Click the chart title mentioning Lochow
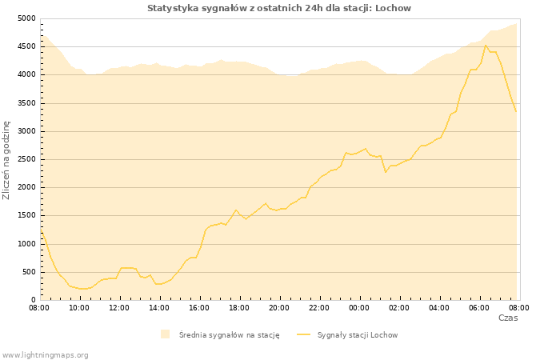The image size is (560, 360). [279, 8]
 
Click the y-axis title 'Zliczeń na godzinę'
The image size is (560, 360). [6, 160]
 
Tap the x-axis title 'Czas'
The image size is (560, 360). [508, 318]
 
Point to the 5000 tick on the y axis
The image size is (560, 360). [26, 18]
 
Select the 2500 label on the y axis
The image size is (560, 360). [26, 159]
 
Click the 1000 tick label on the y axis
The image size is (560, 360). [26, 244]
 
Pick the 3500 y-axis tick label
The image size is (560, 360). [26, 103]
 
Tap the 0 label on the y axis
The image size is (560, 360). [33, 300]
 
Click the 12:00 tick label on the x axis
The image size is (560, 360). [119, 306]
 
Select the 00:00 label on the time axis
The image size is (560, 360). [359, 306]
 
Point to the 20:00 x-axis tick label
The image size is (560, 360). [279, 306]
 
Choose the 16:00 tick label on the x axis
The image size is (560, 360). [199, 306]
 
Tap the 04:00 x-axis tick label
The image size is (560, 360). [439, 306]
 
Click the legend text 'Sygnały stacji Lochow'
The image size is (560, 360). [358, 335]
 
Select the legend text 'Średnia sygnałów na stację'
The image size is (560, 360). [229, 335]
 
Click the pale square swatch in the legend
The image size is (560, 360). [165, 334]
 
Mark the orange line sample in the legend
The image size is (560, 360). [303, 334]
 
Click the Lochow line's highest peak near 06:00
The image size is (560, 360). [486, 45]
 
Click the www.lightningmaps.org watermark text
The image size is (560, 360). [46, 354]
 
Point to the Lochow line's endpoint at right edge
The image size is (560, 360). [516, 112]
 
